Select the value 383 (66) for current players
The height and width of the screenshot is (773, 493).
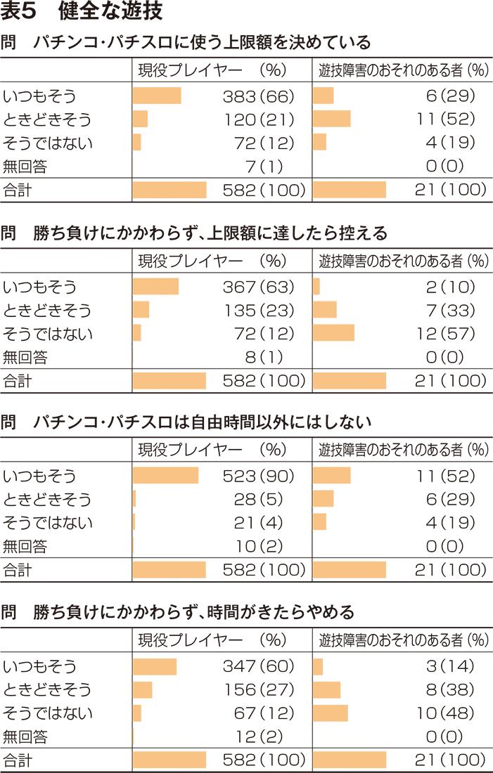257,96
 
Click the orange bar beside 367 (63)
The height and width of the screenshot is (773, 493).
155,287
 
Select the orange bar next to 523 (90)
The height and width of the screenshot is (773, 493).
165,476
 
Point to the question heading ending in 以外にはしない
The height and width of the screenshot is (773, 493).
186,422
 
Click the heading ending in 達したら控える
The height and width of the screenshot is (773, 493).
194,233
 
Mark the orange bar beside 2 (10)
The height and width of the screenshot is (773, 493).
316,287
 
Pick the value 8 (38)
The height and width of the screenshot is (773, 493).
451,689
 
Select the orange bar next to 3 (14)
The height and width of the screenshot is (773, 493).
318,666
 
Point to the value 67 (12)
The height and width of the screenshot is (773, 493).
263,713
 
